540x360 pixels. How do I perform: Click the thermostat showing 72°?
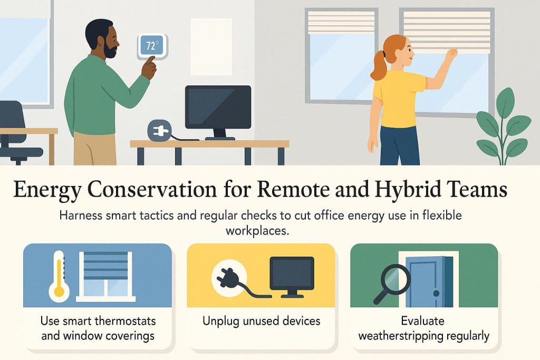(x=151, y=45)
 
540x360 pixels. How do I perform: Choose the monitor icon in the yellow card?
(x=292, y=273)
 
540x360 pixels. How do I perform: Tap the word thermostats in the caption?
(x=127, y=321)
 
